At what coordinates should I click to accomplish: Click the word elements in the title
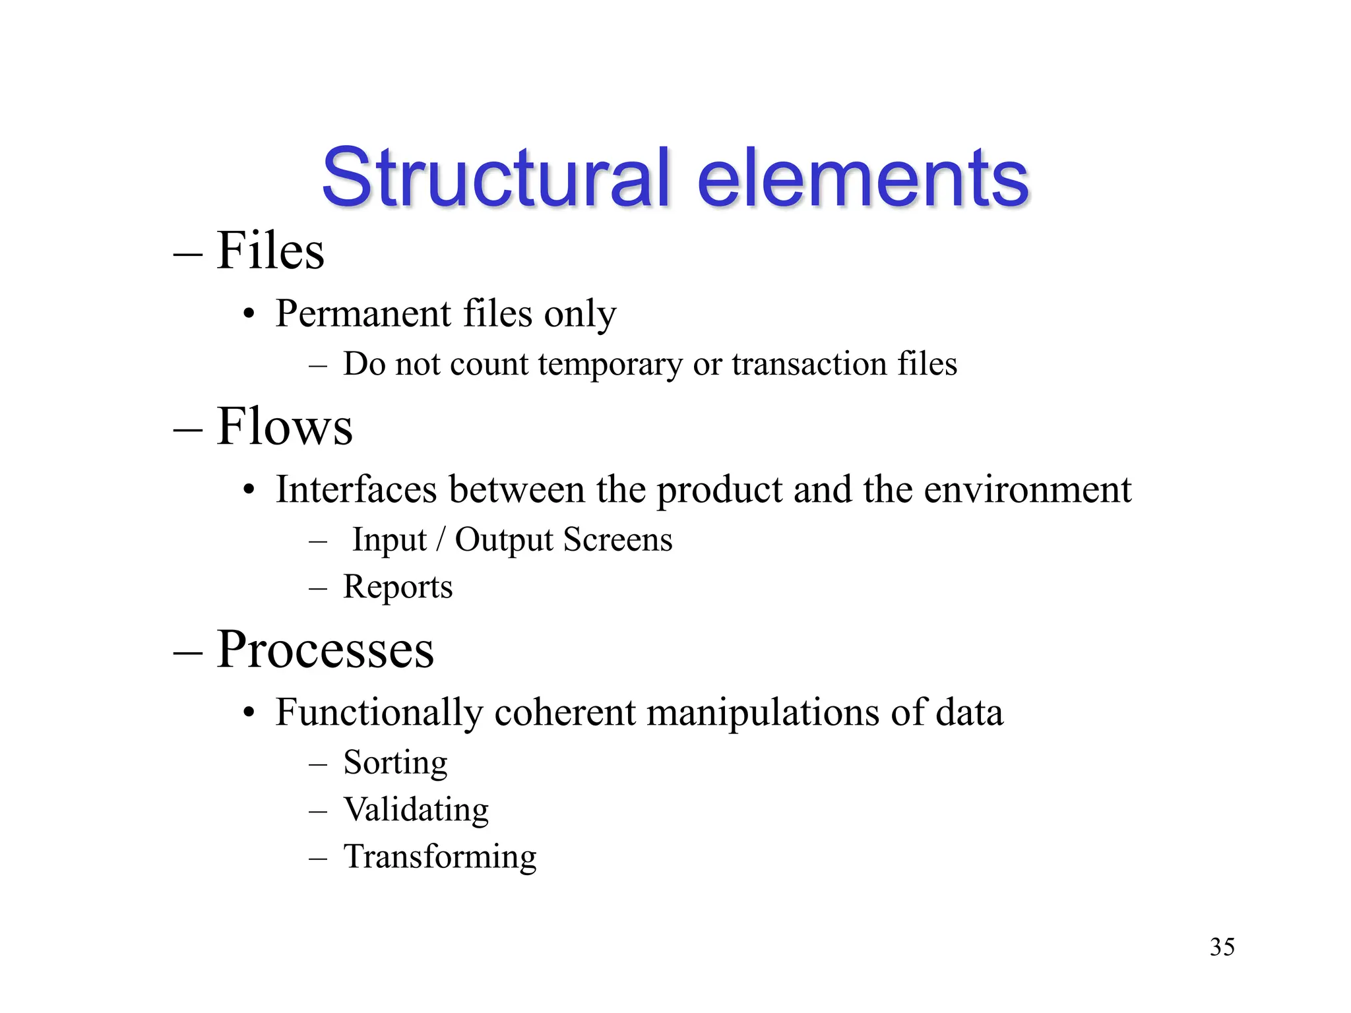[862, 178]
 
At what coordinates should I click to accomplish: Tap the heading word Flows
[284, 427]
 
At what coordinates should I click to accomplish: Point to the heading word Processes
[325, 650]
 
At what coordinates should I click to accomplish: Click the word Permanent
[363, 313]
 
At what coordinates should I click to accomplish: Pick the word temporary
[610, 365]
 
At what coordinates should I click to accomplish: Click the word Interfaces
[356, 489]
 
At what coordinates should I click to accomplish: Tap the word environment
[1027, 489]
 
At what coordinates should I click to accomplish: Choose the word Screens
[618, 539]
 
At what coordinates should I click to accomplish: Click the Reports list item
[398, 587]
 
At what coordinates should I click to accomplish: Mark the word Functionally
[379, 713]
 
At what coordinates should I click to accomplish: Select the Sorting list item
[395, 763]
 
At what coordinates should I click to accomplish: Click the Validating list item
[416, 809]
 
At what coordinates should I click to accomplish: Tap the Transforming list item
[440, 857]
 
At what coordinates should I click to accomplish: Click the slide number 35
[1222, 947]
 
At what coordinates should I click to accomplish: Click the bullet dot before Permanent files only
[249, 315]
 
